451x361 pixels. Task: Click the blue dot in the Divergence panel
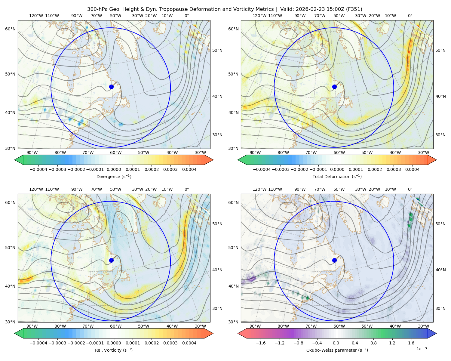(111, 87)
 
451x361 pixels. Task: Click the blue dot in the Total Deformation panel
(334, 87)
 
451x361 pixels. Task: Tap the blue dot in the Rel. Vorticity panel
(111, 260)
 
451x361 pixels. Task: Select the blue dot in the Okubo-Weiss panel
(334, 260)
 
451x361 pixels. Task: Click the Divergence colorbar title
(114, 176)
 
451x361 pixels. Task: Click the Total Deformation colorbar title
(337, 176)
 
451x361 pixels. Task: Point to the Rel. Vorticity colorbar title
(114, 350)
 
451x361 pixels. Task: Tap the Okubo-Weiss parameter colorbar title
(337, 350)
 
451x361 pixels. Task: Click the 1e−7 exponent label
(422, 349)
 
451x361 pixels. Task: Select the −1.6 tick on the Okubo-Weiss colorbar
(261, 343)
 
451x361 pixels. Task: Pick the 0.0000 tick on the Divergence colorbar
(114, 169)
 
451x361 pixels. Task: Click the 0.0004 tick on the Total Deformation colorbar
(412, 169)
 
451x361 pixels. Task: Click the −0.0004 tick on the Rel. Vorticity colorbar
(38, 343)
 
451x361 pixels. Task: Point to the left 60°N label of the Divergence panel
(10, 29)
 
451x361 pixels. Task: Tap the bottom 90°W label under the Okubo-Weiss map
(255, 326)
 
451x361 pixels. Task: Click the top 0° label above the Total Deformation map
(410, 16)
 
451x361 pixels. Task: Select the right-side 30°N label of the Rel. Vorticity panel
(217, 308)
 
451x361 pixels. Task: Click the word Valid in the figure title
(286, 9)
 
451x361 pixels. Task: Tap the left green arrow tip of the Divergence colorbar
(15, 160)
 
